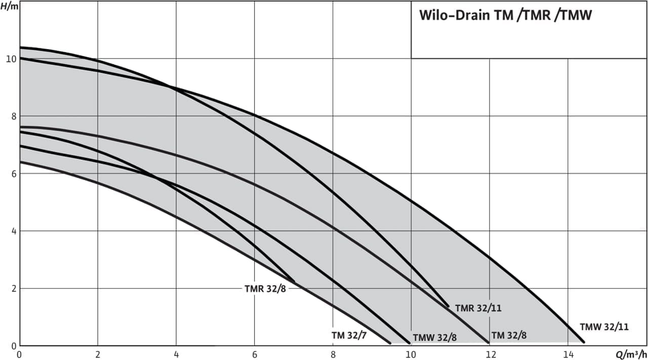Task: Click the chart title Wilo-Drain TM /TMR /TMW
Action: (x=505, y=15)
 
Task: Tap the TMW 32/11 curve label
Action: (x=604, y=327)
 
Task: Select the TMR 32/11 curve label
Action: (x=478, y=308)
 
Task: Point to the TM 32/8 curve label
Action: (x=509, y=335)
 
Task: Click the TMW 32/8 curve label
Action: (x=435, y=338)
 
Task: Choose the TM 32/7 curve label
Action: (x=349, y=335)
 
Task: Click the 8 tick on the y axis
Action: (x=13, y=116)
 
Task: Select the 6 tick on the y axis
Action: (x=13, y=174)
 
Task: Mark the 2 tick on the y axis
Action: (x=13, y=289)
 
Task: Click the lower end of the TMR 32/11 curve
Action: (x=448, y=306)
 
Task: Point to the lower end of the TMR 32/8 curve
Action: (x=294, y=282)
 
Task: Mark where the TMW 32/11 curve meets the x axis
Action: (x=583, y=342)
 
